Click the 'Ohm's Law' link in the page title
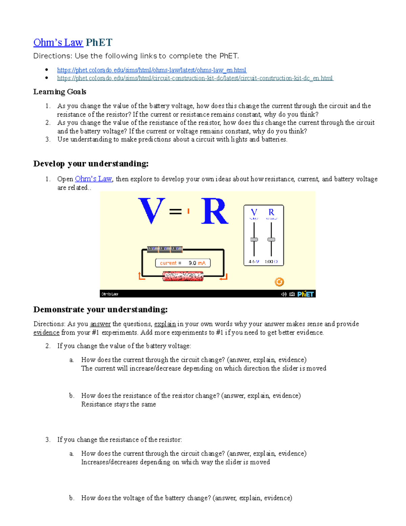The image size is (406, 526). coord(58,43)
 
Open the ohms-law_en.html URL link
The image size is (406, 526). coord(152,70)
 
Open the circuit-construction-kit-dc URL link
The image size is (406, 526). coord(195,78)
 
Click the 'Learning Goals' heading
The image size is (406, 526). coord(60,92)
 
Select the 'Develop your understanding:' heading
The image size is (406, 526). coord(91,164)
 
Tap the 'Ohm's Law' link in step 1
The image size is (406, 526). coord(93,179)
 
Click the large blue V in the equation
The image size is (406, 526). coord(152,211)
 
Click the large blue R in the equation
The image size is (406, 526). coord(215,212)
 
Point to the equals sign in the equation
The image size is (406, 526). coord(175,212)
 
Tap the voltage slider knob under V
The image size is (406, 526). coord(254,239)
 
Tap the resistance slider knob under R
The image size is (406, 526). coord(271,239)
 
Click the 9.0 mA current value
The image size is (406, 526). coord(197,263)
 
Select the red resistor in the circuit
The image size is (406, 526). coord(183,277)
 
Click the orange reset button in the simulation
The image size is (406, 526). coord(279,282)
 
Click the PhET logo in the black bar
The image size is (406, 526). coord(306,294)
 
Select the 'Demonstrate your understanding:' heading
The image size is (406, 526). coord(100,310)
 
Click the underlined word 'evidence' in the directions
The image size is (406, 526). coord(46,333)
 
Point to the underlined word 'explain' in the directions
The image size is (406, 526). coord(165,324)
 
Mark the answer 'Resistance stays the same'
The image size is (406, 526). coord(118,404)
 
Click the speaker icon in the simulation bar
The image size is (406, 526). coord(284,294)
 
